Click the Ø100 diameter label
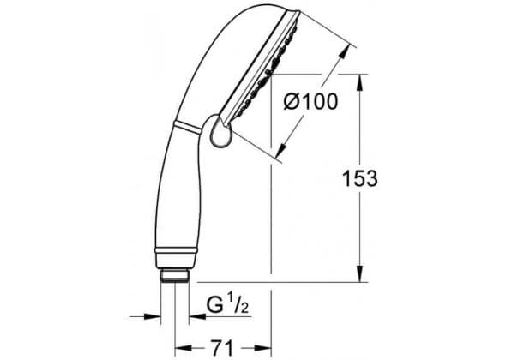tap(310, 101)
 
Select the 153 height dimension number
tap(360, 178)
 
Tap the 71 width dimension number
tap(222, 348)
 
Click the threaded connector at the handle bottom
tap(175, 276)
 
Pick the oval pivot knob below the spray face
tap(221, 132)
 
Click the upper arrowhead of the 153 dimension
tap(360, 82)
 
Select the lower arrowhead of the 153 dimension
tap(360, 274)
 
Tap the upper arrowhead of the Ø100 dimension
tap(344, 51)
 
